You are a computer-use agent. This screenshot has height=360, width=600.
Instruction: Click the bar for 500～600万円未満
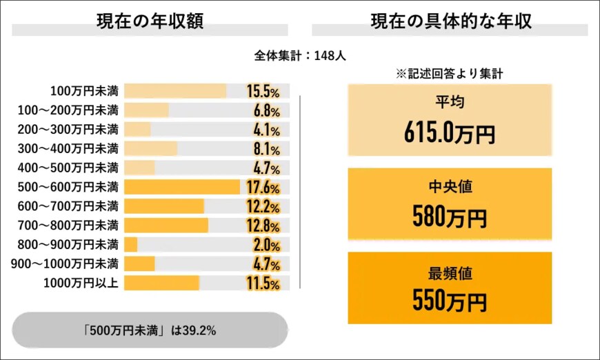(x=182, y=187)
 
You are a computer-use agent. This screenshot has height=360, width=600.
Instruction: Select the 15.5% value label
(x=263, y=91)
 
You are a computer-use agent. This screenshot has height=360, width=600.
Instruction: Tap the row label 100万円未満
(x=84, y=91)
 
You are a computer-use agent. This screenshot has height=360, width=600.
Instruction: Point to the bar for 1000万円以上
(x=162, y=283)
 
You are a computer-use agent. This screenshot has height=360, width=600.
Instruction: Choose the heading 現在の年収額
(x=150, y=21)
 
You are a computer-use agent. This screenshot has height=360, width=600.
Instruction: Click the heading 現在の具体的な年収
(x=450, y=21)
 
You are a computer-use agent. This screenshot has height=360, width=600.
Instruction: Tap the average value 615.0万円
(x=450, y=133)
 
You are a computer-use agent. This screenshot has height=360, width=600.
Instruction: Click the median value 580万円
(x=450, y=217)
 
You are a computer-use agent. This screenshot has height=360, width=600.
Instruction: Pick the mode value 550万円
(x=450, y=301)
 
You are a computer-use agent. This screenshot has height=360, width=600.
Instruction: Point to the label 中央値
(x=450, y=187)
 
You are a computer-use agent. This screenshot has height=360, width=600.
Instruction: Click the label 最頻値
(x=450, y=272)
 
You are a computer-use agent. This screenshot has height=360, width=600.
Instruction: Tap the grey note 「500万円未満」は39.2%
(x=150, y=330)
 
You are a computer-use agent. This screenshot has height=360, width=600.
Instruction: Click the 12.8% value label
(x=263, y=226)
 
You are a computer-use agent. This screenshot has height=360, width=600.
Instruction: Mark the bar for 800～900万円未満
(x=131, y=245)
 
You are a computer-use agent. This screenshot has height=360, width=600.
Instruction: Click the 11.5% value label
(x=263, y=283)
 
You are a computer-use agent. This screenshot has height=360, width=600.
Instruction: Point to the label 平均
(x=450, y=103)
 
